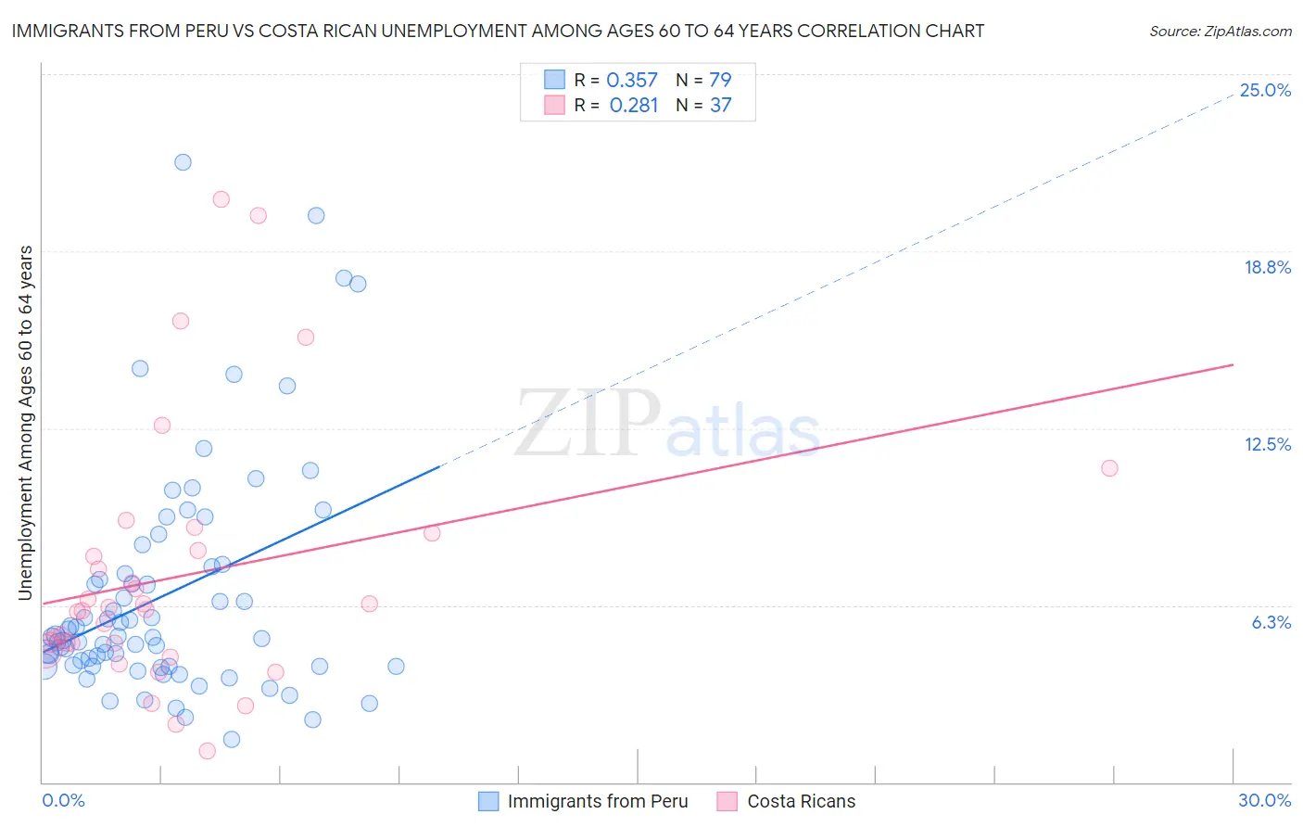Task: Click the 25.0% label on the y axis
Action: point(1265,91)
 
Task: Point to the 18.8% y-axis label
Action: point(1267,268)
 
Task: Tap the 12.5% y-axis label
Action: point(1267,445)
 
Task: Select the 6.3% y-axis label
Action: point(1271,623)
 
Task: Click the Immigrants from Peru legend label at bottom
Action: point(598,802)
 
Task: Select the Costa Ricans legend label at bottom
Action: point(801,802)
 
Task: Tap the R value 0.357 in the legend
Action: point(632,81)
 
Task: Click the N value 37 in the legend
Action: point(720,106)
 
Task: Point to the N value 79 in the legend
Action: point(720,81)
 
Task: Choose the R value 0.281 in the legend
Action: point(633,106)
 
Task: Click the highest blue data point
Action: point(183,162)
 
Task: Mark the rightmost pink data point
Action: point(1109,468)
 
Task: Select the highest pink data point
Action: point(221,199)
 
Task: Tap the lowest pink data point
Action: point(208,751)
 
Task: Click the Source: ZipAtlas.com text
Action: point(1220,32)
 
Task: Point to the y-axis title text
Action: point(26,423)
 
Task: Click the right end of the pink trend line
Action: point(1233,364)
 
